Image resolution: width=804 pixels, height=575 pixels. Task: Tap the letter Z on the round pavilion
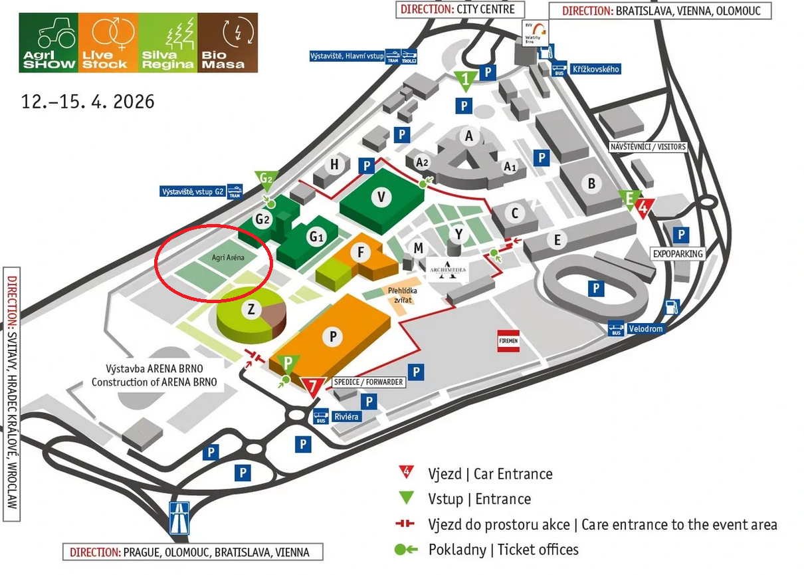coord(251,308)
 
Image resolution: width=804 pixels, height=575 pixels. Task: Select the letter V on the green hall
coord(381,197)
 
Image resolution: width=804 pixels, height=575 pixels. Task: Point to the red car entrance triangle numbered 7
coord(312,386)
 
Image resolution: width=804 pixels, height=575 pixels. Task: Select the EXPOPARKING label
coord(677,254)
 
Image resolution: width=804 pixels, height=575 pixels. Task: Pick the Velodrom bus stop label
coord(645,328)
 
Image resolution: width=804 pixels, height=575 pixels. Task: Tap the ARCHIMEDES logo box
coord(448,271)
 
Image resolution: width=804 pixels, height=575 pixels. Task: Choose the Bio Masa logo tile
coord(228,43)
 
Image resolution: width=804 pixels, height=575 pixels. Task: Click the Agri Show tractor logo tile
coord(49,43)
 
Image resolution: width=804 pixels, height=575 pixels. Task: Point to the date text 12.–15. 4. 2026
coord(88,102)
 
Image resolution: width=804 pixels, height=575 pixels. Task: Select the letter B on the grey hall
coord(591,183)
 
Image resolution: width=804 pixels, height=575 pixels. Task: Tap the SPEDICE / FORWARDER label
coord(367,382)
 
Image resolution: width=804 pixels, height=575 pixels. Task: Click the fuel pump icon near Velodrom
coord(672,308)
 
